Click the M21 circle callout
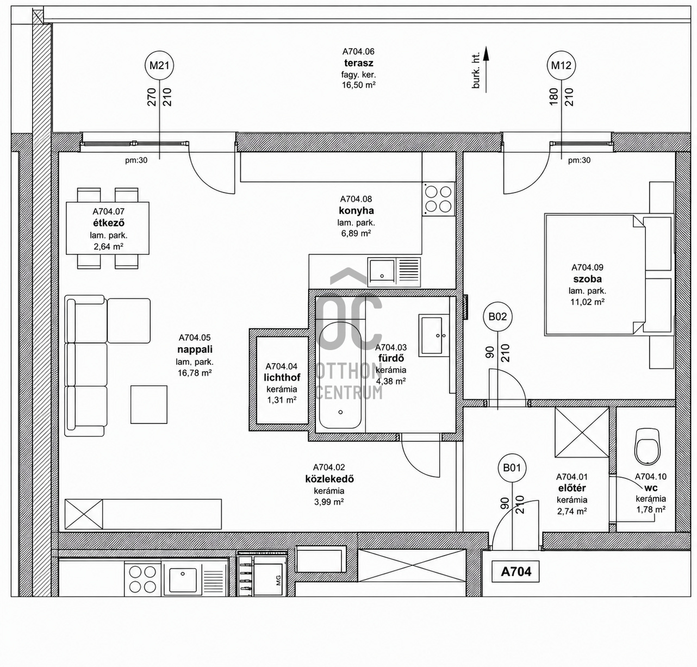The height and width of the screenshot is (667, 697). [x=159, y=66]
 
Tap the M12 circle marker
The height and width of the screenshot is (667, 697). [x=561, y=66]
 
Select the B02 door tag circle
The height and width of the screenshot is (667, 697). [x=497, y=317]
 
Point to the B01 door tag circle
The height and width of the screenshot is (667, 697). [x=512, y=468]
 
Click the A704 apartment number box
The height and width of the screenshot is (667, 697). [x=516, y=572]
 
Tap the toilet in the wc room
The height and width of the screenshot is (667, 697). [x=647, y=446]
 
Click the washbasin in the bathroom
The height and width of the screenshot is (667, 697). [x=434, y=335]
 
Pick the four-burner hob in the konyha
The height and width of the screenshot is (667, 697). [x=438, y=199]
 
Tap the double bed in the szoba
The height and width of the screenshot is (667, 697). [x=609, y=275]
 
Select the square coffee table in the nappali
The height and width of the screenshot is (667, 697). [x=148, y=404]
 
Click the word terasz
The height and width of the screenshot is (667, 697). [x=358, y=63]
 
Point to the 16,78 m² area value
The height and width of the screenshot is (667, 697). [x=195, y=373]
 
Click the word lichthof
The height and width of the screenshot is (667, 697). [x=282, y=378]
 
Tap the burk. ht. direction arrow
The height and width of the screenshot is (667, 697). [x=486, y=69]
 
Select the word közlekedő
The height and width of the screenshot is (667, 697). [x=329, y=479]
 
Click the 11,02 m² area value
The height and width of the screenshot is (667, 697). [x=587, y=302]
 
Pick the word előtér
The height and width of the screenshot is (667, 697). [x=571, y=488]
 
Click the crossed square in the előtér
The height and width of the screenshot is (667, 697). [x=582, y=432]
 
